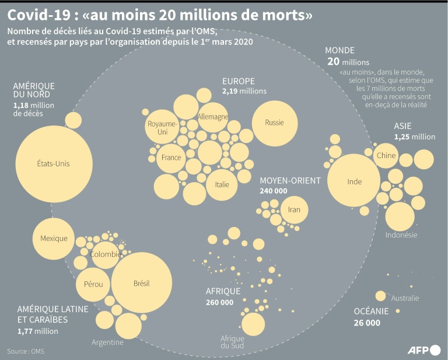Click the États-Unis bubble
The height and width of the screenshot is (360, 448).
click(53, 164)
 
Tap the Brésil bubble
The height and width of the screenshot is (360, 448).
click(141, 284)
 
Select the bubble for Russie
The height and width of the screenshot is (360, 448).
click(275, 123)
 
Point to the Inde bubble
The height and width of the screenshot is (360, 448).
click(355, 181)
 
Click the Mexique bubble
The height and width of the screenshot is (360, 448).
click(54, 238)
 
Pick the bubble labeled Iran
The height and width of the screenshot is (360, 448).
click(294, 209)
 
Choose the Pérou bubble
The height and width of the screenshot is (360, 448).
click(93, 284)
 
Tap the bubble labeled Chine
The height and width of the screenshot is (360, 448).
click(386, 155)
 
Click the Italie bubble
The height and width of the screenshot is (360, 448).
click(222, 185)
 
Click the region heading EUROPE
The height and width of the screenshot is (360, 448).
click(238, 81)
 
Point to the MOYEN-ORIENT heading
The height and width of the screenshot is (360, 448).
click(290, 180)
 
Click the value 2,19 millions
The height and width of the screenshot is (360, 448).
click(244, 91)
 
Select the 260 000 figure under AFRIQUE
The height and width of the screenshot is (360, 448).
click(219, 302)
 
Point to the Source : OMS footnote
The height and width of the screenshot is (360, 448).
click(26, 351)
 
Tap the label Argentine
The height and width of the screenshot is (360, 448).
click(107, 342)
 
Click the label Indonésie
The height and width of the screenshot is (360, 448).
click(401, 235)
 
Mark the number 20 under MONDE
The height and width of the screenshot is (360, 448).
click(333, 61)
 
